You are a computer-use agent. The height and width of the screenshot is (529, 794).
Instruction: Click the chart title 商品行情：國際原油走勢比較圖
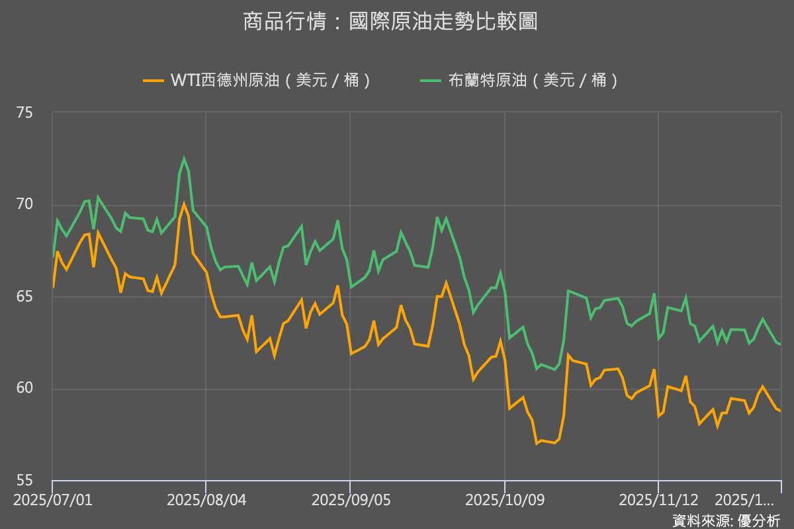(390, 22)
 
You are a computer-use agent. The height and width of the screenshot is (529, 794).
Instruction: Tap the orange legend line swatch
(154, 81)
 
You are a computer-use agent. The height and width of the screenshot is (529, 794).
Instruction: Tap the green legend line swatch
(431, 81)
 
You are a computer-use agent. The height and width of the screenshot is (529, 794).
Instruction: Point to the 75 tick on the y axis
(24, 113)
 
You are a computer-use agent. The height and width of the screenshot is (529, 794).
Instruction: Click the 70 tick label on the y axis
(24, 204)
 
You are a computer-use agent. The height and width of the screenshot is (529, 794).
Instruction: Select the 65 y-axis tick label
(24, 296)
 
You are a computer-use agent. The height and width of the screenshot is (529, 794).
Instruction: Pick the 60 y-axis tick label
(24, 388)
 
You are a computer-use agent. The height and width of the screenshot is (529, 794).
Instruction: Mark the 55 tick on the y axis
(24, 480)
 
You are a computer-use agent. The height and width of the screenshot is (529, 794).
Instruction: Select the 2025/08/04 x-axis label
(206, 499)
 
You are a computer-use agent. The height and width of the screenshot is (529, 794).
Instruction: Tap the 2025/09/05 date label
(349, 499)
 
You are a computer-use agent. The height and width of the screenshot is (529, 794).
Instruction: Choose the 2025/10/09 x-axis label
(505, 499)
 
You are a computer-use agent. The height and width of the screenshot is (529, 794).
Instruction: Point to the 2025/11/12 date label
(658, 499)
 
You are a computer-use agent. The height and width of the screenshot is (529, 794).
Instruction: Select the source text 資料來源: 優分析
(726, 520)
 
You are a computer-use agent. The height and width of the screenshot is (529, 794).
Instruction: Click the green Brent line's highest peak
(184, 158)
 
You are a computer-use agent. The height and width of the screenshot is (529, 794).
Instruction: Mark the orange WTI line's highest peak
(184, 204)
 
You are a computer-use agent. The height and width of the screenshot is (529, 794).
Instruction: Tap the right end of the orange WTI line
(780, 411)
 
